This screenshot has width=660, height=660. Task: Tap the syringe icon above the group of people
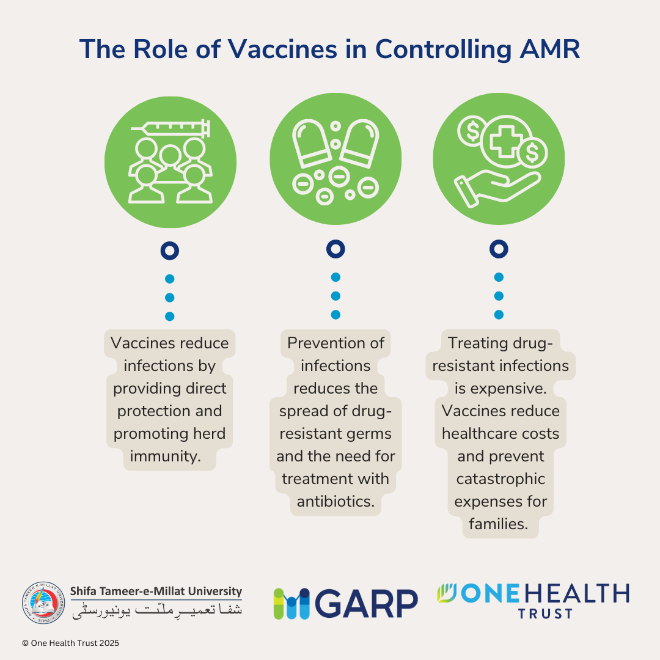coord(171,128)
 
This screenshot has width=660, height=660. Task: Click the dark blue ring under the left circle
coord(169,251)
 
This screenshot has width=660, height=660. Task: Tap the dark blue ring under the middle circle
coord(335,249)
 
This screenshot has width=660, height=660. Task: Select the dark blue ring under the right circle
coord(499,249)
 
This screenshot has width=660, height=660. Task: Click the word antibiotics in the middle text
coord(335,501)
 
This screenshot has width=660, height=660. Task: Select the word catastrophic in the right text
coord(501,479)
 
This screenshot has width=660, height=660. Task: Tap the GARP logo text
coord(367,603)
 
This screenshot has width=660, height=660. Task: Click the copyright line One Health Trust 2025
coord(70,643)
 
